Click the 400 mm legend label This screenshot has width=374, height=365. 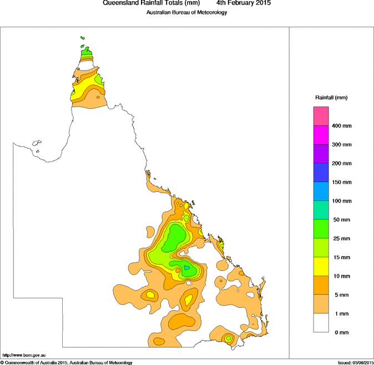(342, 126)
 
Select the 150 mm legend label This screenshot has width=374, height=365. (342, 182)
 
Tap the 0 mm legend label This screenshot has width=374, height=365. (340, 332)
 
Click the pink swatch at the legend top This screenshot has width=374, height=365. (321, 116)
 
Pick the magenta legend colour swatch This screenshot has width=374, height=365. (321, 135)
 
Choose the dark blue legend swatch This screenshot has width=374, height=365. (321, 173)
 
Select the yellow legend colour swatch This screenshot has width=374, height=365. (321, 266)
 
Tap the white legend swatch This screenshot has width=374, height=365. (321, 323)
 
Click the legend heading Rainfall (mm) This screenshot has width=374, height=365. (331, 98)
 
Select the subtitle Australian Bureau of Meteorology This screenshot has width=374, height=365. (186, 12)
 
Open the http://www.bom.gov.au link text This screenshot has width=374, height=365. (23, 354)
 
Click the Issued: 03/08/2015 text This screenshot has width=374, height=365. (355, 362)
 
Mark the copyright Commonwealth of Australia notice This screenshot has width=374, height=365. (67, 362)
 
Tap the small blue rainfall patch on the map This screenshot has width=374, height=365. (187, 268)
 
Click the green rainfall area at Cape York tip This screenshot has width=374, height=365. (86, 54)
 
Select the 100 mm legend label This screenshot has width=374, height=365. (342, 201)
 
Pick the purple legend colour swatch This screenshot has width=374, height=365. (321, 154)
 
